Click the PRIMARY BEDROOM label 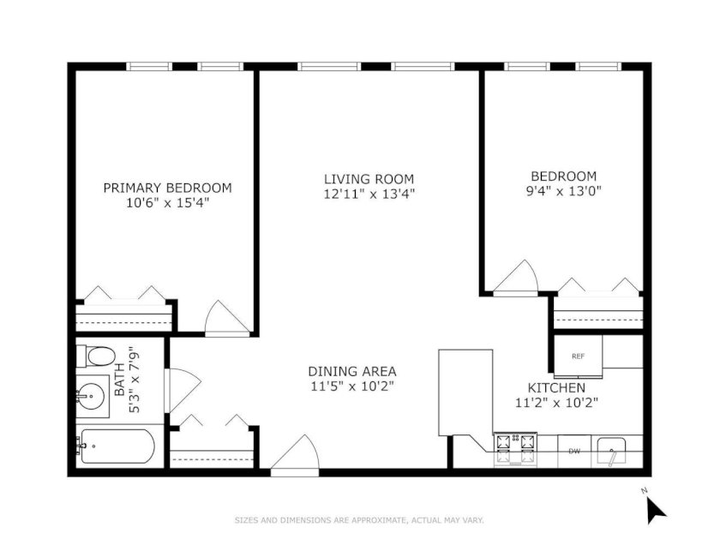tap(167, 188)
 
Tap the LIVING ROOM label tap(369, 179)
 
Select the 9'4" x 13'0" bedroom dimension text tap(563, 190)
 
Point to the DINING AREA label tap(351, 371)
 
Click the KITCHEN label tap(556, 388)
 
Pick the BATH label tap(119, 380)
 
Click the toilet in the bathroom tap(95, 356)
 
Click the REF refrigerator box tap(578, 356)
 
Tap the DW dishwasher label tap(574, 452)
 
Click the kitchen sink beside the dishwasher tap(611, 452)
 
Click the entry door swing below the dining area tap(295, 452)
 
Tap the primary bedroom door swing tap(227, 317)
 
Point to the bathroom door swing tap(183, 389)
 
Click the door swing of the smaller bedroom tap(515, 276)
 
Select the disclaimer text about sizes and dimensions tap(359, 520)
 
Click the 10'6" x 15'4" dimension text tap(168, 202)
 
